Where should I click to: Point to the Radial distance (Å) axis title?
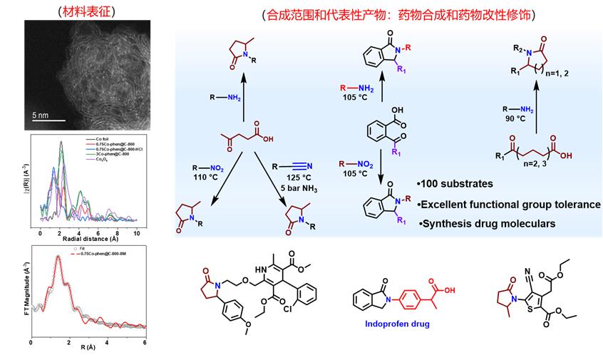pos(84,240)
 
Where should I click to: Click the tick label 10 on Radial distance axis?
pos(136,233)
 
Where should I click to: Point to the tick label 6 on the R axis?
pos(145,341)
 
